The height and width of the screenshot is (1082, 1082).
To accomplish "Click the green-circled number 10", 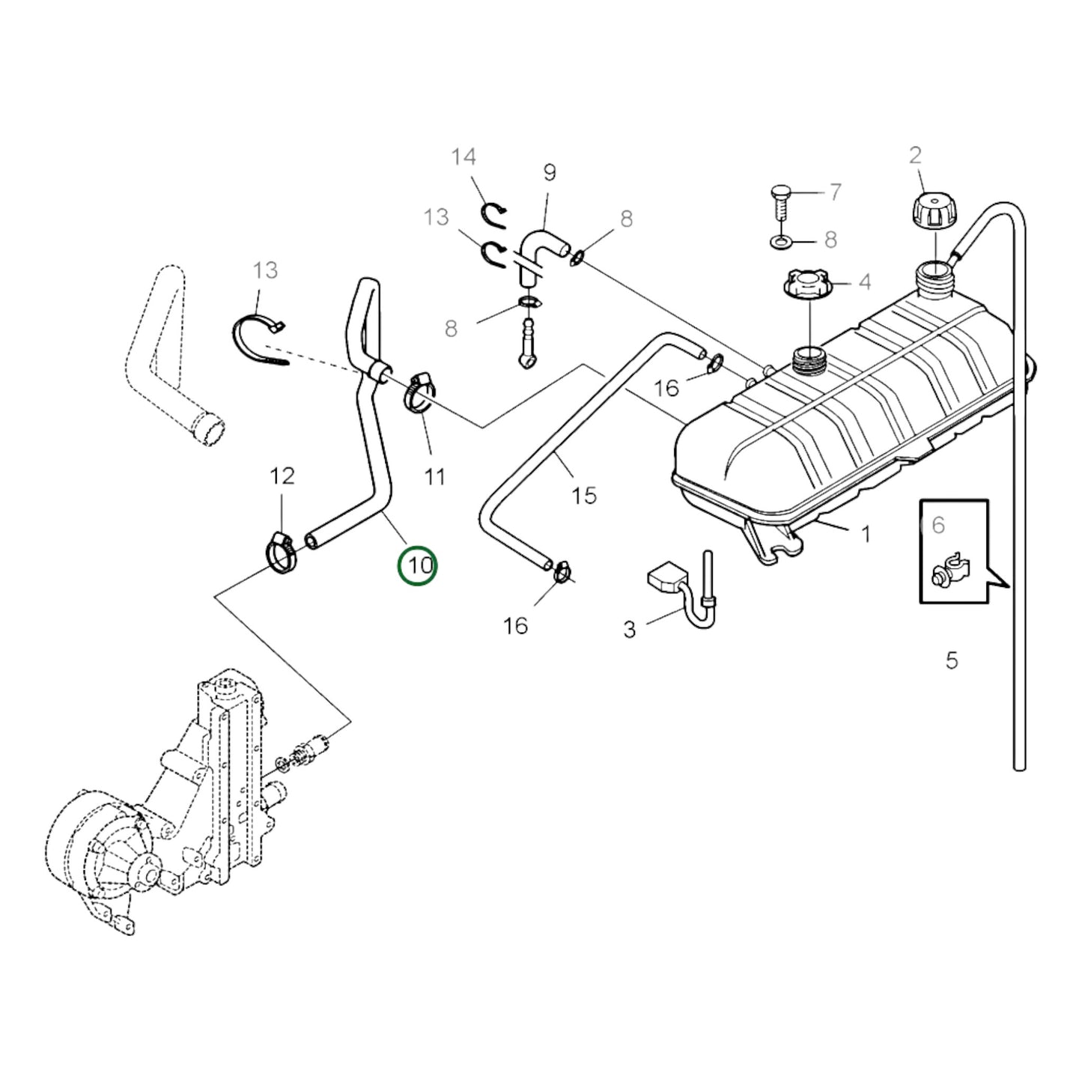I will pyautogui.click(x=418, y=565).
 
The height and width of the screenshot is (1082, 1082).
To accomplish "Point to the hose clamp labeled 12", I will pyautogui.click(x=282, y=556).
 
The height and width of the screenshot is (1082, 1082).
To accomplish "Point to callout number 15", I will pyautogui.click(x=583, y=496).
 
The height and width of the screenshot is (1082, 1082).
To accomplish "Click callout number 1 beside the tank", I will pyautogui.click(x=866, y=534).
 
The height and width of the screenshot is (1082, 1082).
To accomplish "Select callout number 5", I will pyautogui.click(x=951, y=660).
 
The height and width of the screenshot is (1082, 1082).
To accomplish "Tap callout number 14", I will pyautogui.click(x=464, y=157).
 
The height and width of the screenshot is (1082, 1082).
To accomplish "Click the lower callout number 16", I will pyautogui.click(x=515, y=626).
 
